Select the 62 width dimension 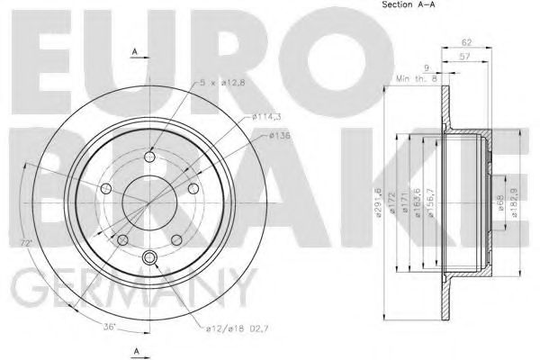[x=466, y=42]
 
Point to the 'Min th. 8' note [x=417, y=79]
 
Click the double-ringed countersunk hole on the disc [x=150, y=260]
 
